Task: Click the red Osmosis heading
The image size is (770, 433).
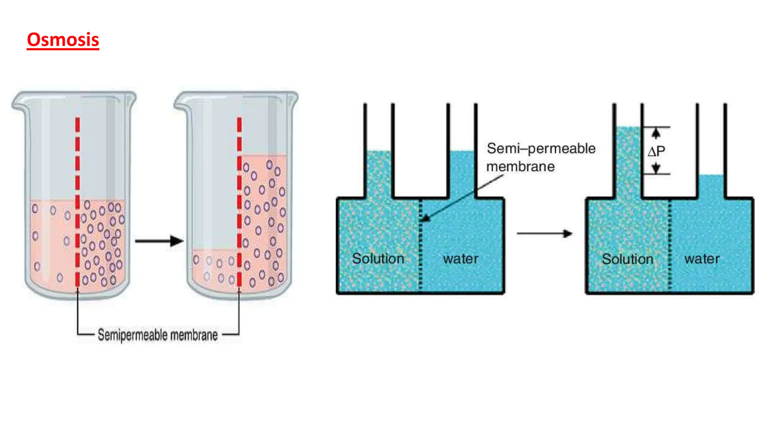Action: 63,40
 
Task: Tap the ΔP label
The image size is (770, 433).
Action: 656,151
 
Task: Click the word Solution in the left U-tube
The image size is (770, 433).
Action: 378,259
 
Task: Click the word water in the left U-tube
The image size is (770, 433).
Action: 460,259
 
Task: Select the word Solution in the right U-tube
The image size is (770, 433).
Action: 627,259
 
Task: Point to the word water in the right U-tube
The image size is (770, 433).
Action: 702,259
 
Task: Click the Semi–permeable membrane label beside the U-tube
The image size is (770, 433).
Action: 540,157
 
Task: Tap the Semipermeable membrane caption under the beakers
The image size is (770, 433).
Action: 158,335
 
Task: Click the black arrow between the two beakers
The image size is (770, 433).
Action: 159,241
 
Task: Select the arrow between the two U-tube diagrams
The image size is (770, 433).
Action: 544,234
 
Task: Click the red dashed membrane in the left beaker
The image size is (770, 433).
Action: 77,203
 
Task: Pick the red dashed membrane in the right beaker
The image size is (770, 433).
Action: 239,203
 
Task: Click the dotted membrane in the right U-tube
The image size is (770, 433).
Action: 670,244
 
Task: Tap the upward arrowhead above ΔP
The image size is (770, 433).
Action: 656,133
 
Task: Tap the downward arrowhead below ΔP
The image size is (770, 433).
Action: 656,168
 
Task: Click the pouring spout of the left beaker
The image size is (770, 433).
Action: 17,103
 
